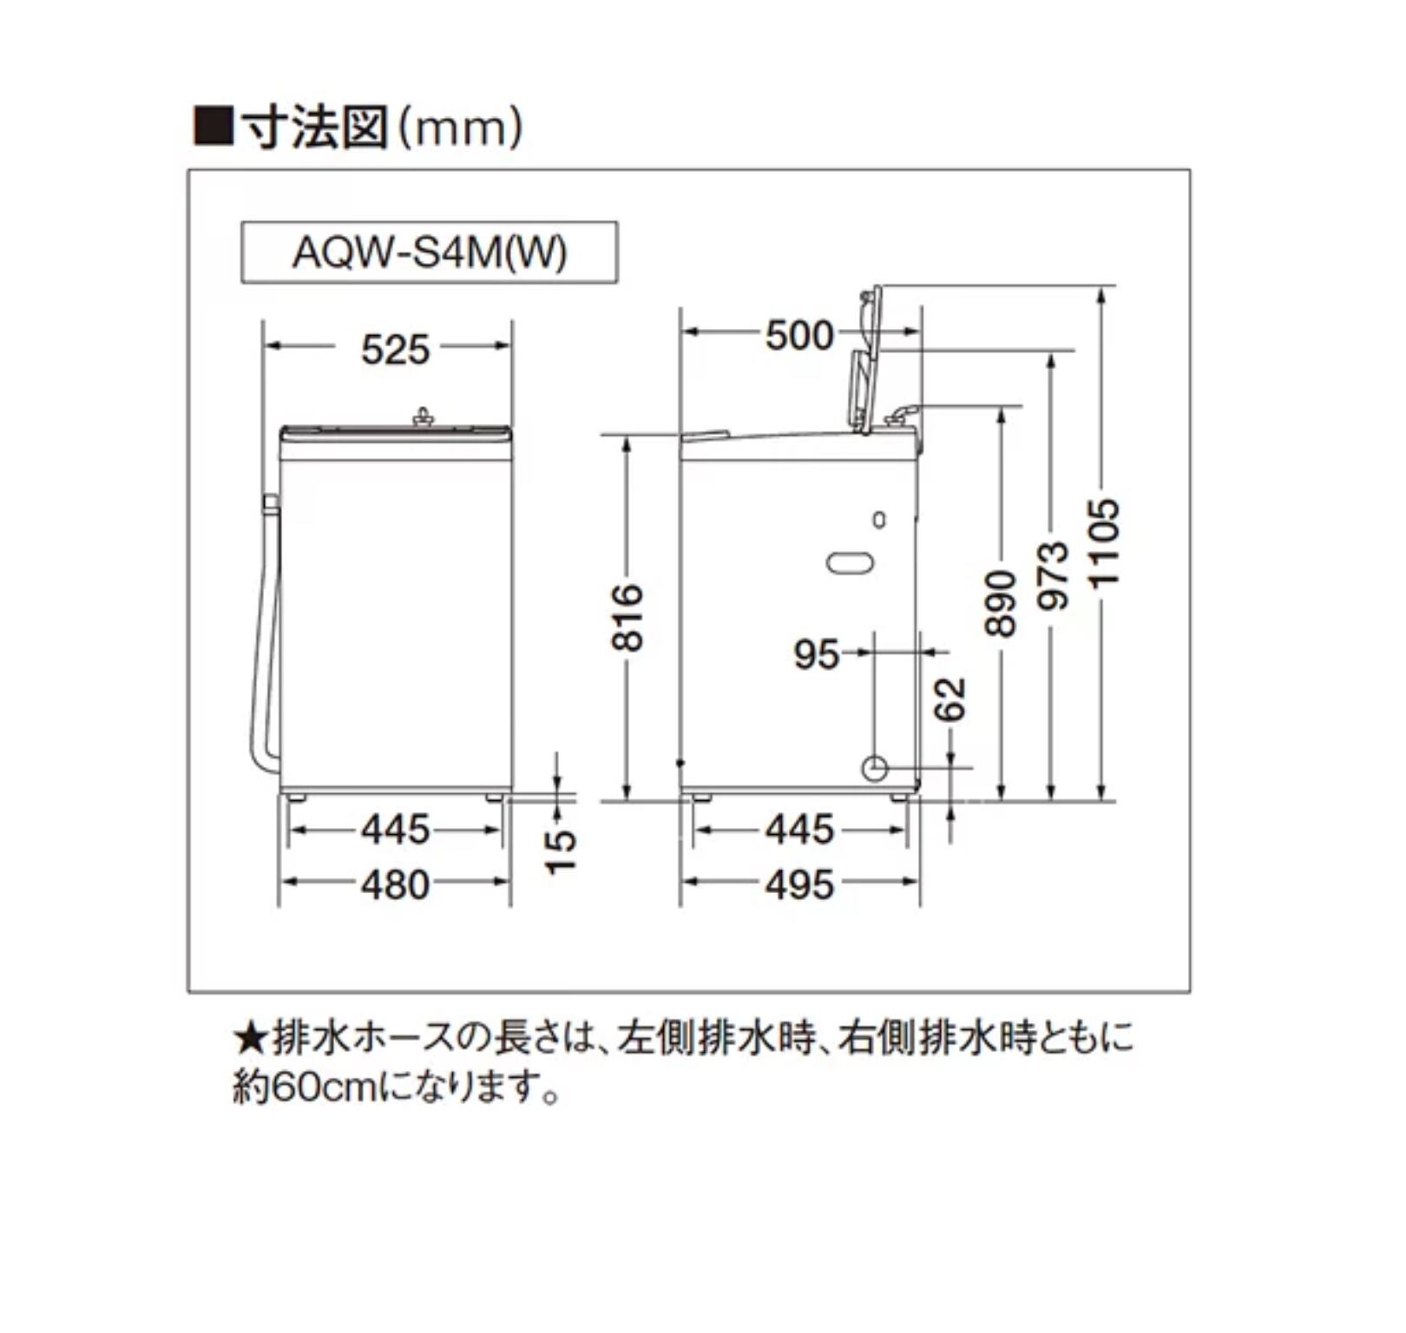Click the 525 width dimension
(x=395, y=350)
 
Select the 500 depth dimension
(x=798, y=335)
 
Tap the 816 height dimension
(x=628, y=617)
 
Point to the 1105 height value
(x=1104, y=542)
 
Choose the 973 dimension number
(x=1053, y=575)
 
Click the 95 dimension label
(x=816, y=653)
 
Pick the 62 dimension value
(x=951, y=699)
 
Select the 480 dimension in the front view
(x=395, y=884)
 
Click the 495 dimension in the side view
(x=798, y=884)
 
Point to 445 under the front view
(x=395, y=830)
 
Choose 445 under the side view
(x=798, y=830)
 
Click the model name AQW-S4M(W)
(x=430, y=253)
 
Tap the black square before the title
(x=213, y=127)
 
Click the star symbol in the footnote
(x=250, y=1039)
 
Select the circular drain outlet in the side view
(x=874, y=768)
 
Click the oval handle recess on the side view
(x=851, y=562)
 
